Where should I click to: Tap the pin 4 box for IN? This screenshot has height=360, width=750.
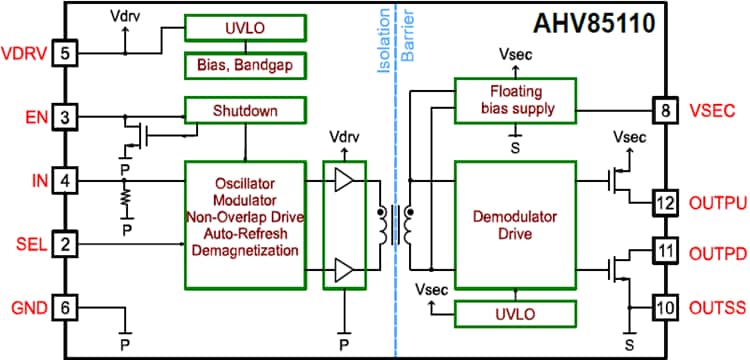point(65,182)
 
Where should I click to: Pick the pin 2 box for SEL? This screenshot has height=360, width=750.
point(65,244)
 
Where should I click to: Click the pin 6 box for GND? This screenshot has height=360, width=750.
point(65,307)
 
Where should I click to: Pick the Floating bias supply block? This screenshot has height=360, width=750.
point(516,100)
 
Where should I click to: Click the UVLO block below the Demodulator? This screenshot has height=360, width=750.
point(516,313)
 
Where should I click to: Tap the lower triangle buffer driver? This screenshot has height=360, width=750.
point(344,269)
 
